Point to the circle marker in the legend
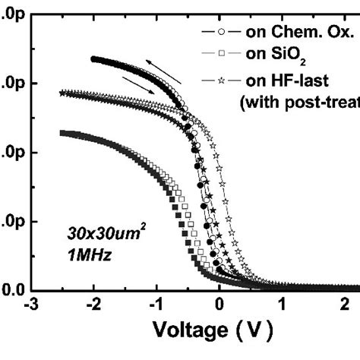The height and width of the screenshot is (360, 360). coord(220,32)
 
